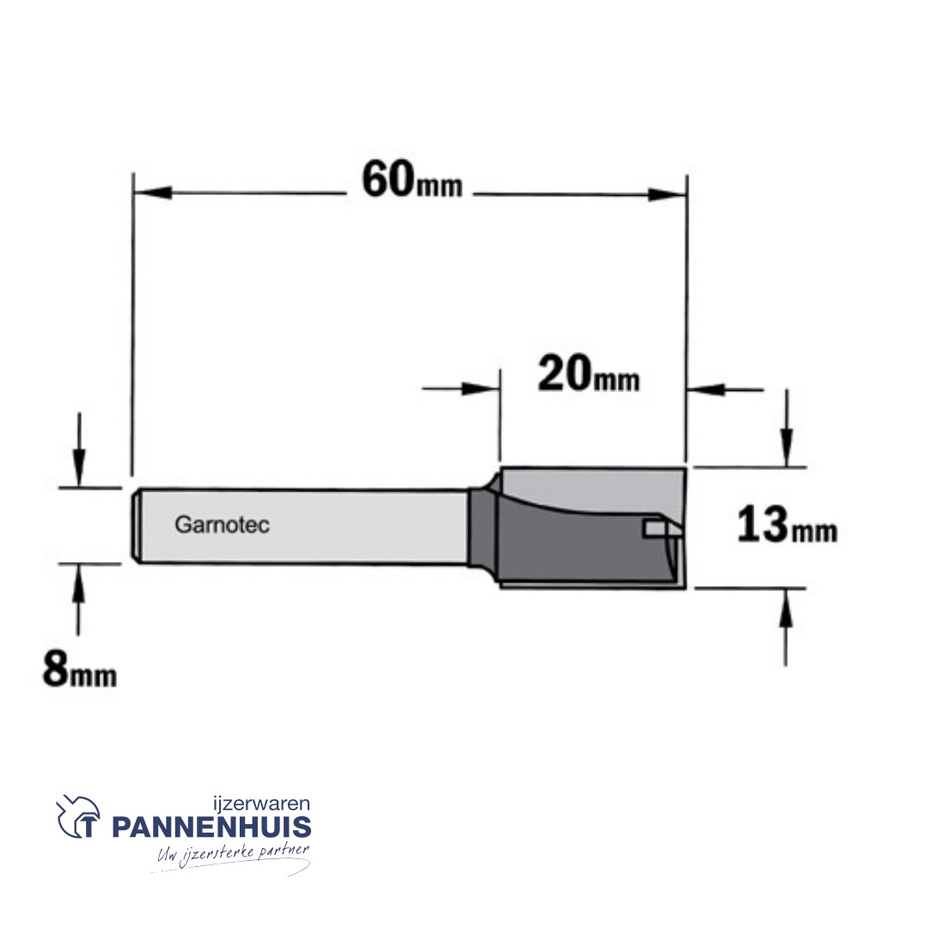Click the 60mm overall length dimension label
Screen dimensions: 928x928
[x=412, y=180]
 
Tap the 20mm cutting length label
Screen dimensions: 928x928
[x=589, y=374]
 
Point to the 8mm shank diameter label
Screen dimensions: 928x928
[x=79, y=669]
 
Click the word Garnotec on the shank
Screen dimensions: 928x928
[x=222, y=524]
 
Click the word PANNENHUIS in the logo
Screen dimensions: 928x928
[x=211, y=827]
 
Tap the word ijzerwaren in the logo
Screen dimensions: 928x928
[x=261, y=803]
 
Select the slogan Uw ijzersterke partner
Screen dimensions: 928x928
[x=233, y=854]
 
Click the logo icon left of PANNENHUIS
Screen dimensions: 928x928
[x=77, y=816]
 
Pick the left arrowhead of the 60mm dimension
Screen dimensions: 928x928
[x=153, y=192]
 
